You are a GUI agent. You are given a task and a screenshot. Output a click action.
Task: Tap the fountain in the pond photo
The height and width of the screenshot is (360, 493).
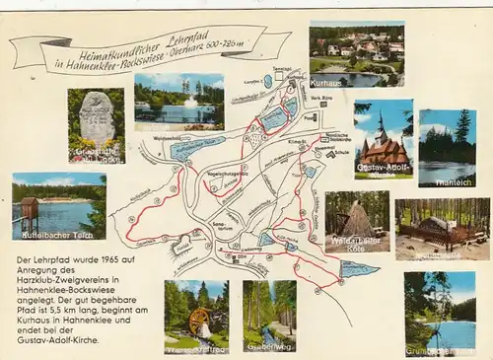189,102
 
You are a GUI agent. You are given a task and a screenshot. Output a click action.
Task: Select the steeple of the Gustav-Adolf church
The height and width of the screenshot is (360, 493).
381,125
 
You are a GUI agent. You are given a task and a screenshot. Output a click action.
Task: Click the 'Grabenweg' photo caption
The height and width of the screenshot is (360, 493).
269,346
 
